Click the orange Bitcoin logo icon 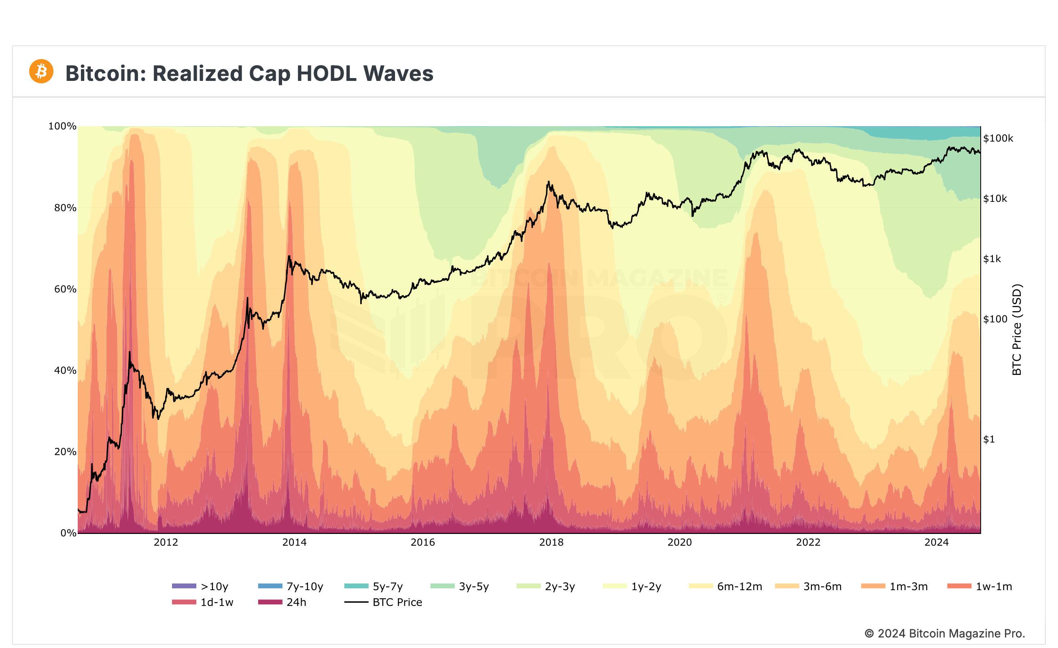41,71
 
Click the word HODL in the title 326,73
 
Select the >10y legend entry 200,586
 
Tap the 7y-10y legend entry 291,586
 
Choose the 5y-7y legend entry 374,586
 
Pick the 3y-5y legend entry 460,586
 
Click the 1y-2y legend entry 632,586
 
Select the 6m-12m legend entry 726,586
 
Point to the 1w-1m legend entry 980,586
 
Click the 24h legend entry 282,602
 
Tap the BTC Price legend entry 383,602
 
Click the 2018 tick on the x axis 551,542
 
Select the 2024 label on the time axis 937,542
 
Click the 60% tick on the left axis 65,289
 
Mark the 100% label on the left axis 62,126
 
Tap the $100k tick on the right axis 998,138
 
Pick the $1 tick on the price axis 989,439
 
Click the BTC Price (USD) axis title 1017,330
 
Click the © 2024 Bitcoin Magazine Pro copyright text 944,633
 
